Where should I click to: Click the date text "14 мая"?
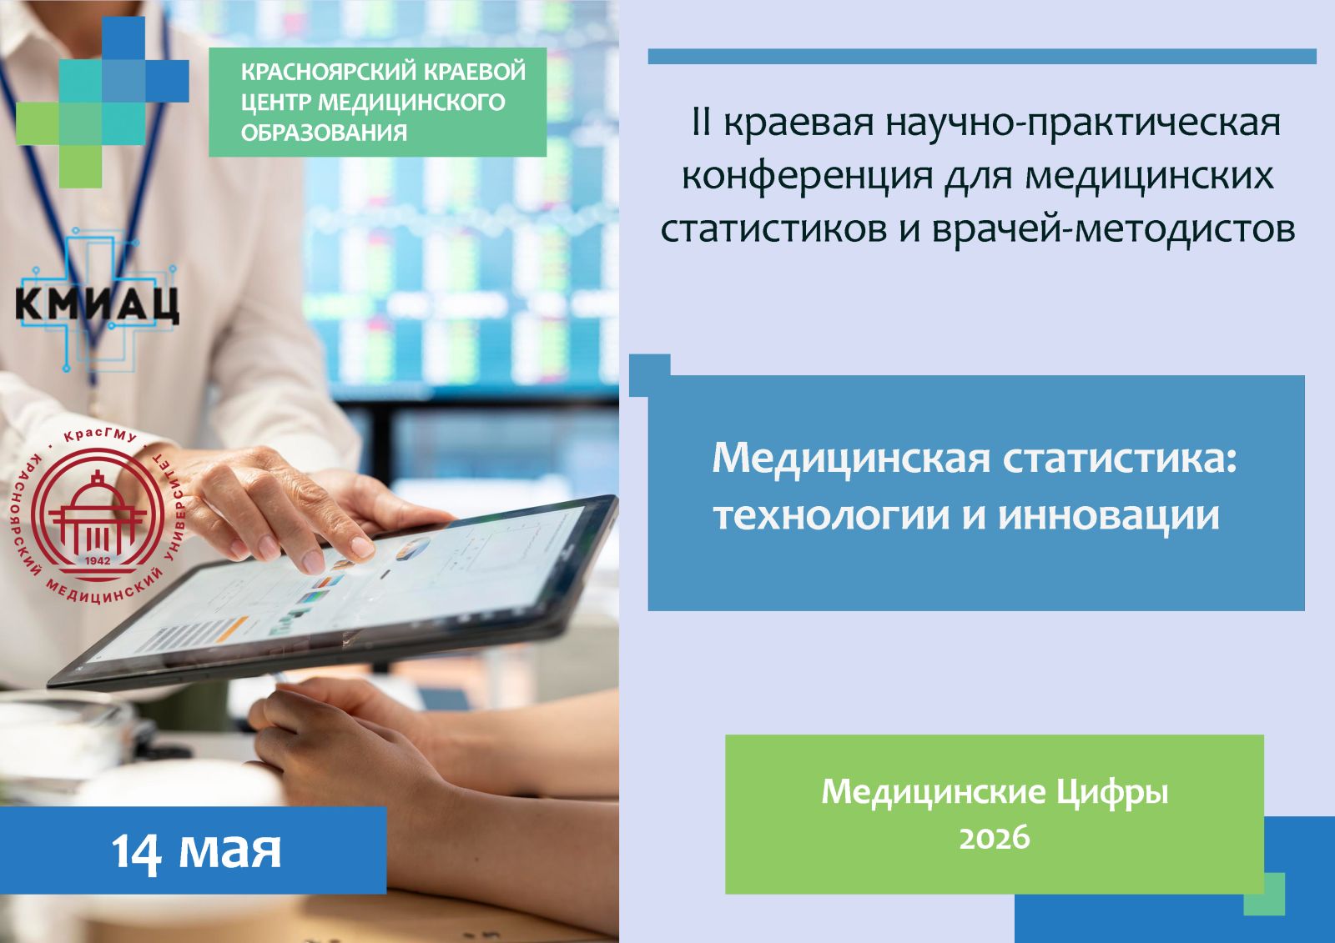tap(196, 850)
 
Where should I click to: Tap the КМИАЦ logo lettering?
tap(97, 304)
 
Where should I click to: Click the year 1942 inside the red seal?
tap(98, 560)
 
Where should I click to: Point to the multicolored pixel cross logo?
tap(102, 102)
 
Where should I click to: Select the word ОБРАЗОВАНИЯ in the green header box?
tap(325, 133)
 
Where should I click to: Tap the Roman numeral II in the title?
tap(703, 122)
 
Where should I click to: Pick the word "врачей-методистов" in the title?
tap(1114, 229)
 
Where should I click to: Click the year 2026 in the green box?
tap(994, 838)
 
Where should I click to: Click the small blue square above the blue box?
tap(650, 374)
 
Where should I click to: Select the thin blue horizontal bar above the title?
tap(982, 57)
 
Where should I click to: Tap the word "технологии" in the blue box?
tap(831, 516)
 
